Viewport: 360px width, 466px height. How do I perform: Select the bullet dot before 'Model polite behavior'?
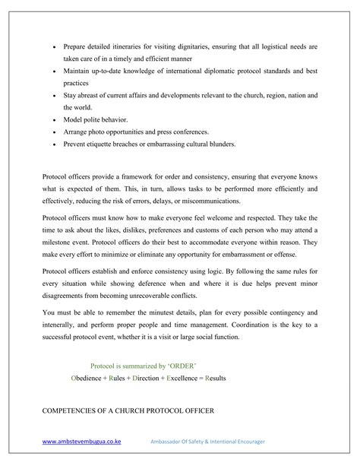(55, 120)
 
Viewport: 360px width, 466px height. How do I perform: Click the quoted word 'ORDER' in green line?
(182, 366)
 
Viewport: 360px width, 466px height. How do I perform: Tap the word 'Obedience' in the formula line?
(89, 378)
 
